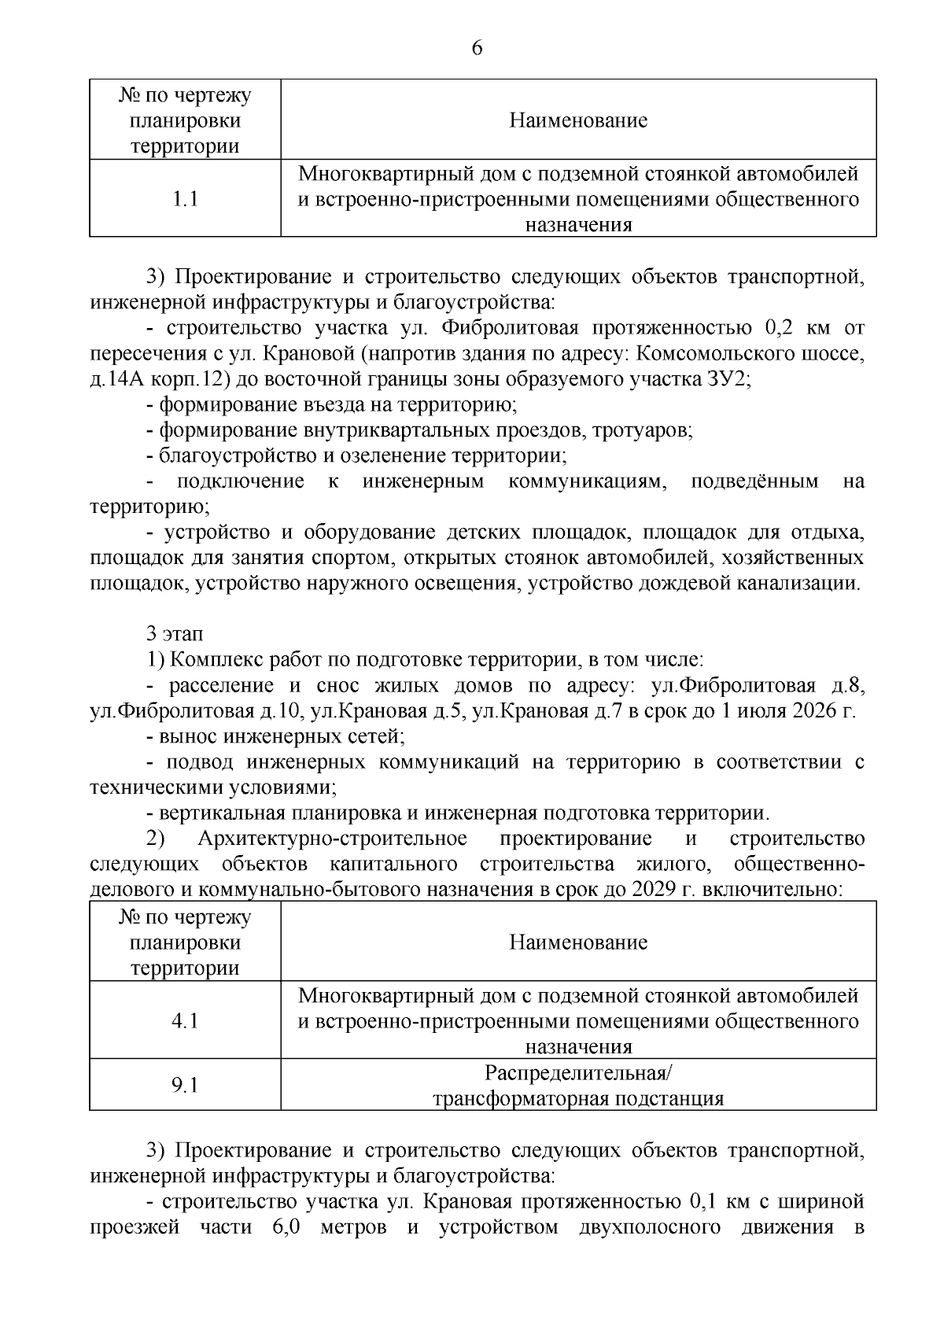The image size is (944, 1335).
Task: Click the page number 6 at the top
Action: (x=477, y=49)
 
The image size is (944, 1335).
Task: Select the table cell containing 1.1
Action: (x=185, y=199)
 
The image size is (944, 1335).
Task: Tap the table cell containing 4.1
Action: (x=185, y=1020)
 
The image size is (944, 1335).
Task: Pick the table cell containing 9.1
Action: (x=185, y=1085)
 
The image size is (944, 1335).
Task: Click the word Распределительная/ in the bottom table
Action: (x=578, y=1073)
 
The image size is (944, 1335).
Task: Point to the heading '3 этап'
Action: (x=174, y=633)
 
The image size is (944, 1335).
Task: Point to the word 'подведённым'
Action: (x=754, y=481)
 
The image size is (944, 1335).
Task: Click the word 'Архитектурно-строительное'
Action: (x=333, y=839)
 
